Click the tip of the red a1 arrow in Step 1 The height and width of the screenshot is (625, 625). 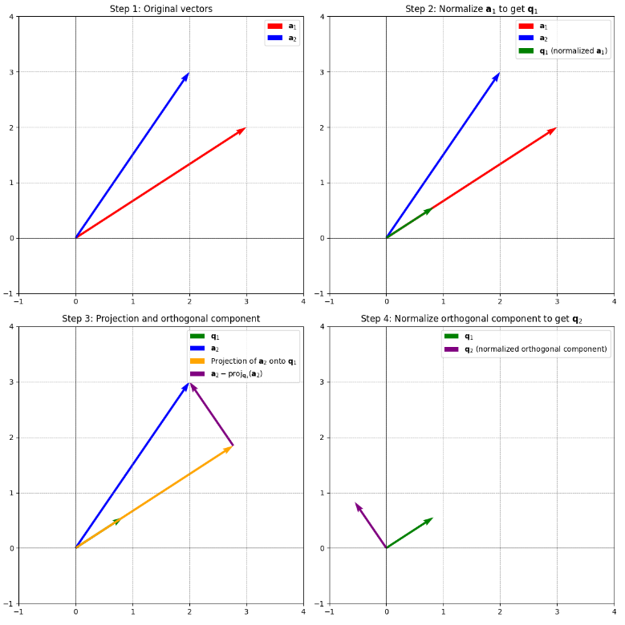coord(244,128)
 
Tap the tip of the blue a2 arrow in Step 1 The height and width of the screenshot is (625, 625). coord(189,74)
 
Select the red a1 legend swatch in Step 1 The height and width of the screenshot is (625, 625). coord(274,26)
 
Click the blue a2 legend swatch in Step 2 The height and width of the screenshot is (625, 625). coord(526,38)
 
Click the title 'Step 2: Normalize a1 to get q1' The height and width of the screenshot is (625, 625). coord(471,9)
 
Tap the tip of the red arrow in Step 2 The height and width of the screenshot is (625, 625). coord(554,128)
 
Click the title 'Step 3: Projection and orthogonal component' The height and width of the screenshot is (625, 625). coord(160,319)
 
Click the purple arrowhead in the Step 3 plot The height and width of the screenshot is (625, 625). coord(192,386)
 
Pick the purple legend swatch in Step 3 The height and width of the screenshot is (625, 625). coord(197,374)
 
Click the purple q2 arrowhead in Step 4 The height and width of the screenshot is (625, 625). coord(357,506)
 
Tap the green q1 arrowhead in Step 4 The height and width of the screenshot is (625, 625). coord(430,520)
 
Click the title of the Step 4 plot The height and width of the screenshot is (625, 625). coord(471,319)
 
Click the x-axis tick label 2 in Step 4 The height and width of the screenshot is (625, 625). coord(500,615)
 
